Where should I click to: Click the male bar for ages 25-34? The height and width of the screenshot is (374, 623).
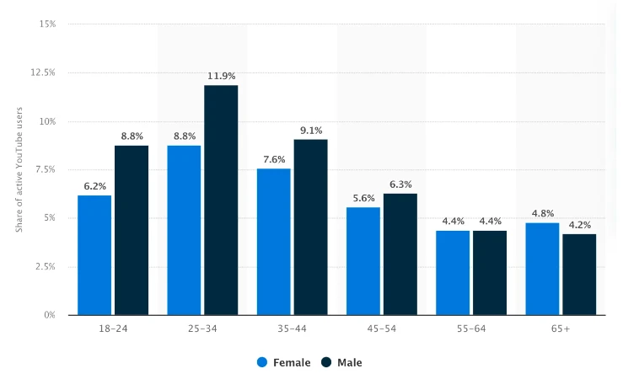221,200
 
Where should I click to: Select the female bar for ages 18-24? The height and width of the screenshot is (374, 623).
94,254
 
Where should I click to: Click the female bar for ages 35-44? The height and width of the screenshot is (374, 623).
274,241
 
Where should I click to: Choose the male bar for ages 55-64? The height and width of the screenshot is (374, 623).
490,272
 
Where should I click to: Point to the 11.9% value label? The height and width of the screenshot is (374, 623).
221,76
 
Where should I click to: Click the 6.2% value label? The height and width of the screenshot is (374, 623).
94,186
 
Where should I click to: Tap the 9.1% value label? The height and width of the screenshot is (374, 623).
311,130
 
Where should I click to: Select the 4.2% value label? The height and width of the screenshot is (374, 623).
579,225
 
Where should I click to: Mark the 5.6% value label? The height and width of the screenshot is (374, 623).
363,198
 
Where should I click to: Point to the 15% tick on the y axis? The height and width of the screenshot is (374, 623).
47,24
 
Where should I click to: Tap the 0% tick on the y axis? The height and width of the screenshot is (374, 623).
49,315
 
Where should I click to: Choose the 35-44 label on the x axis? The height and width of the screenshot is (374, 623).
292,329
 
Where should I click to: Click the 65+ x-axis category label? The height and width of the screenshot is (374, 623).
561,329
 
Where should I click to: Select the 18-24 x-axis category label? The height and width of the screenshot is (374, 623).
112,329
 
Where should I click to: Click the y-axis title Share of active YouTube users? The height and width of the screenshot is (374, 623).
19,169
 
